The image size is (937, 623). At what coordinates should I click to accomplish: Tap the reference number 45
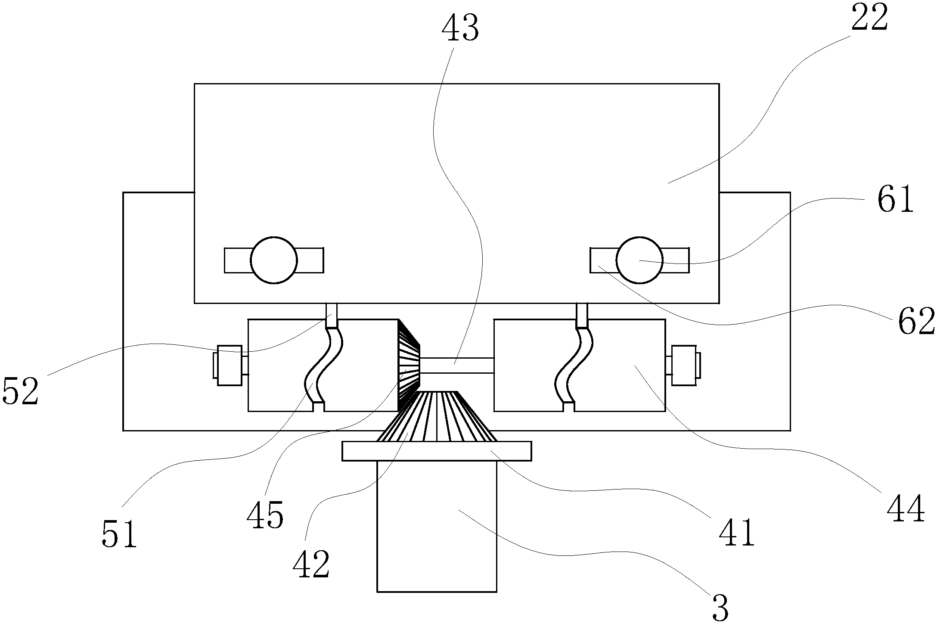click(265, 515)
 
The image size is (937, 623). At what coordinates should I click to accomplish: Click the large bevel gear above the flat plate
click(437, 416)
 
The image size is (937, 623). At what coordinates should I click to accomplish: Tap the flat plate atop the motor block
click(437, 451)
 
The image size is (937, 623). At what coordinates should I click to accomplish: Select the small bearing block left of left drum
click(230, 365)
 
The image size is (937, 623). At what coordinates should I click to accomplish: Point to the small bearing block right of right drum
click(684, 365)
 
